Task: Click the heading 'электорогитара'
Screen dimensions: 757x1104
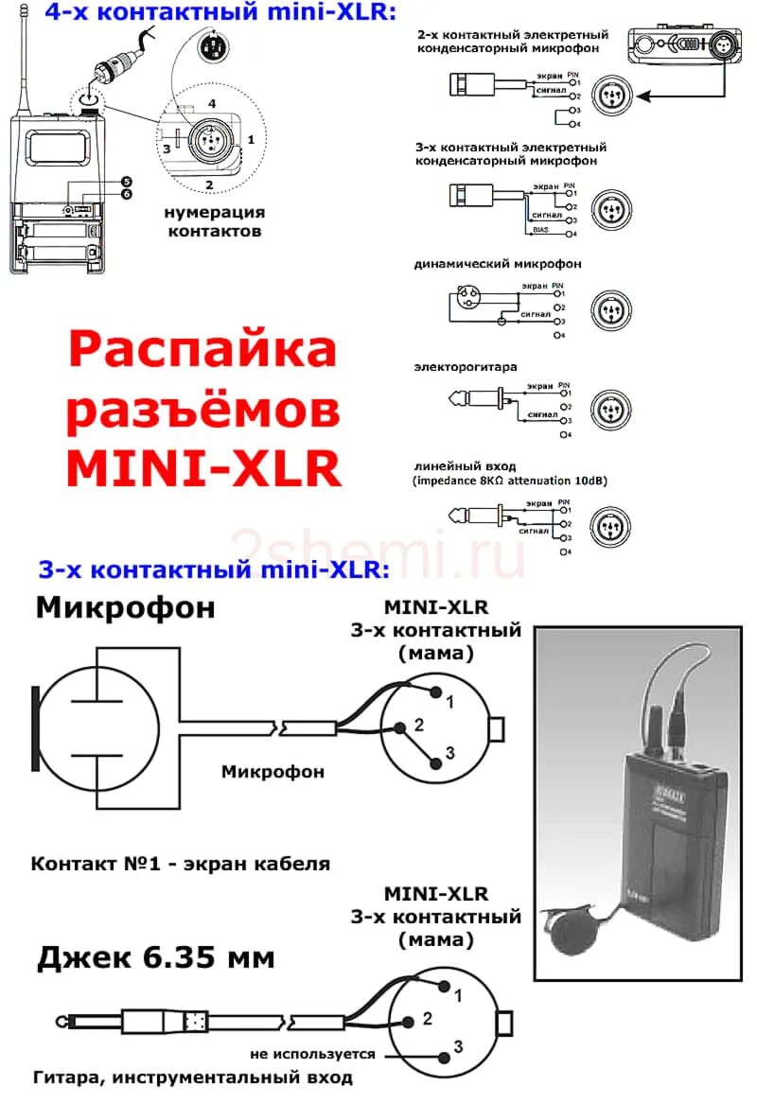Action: point(466,365)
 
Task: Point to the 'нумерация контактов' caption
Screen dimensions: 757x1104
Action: point(214,221)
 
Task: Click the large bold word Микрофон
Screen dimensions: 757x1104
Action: point(125,606)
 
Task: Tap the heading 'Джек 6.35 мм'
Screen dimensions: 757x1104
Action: point(156,957)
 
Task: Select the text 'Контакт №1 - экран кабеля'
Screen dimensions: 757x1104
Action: point(181,864)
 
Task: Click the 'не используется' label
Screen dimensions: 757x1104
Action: point(312,1053)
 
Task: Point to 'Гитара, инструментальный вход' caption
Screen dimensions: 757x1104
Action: point(192,1078)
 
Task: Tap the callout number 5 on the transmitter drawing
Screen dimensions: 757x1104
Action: point(127,181)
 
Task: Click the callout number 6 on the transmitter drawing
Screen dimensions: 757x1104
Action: point(127,194)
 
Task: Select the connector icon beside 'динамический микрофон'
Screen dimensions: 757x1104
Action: point(610,309)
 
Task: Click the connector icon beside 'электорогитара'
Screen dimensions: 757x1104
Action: point(610,411)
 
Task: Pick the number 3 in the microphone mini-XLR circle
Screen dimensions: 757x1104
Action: point(450,752)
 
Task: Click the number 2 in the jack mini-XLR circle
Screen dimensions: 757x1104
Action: point(428,1019)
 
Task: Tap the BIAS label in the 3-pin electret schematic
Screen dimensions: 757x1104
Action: point(541,228)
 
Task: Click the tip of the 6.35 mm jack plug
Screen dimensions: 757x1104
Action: point(63,1023)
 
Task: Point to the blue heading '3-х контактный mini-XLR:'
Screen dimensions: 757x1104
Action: point(214,570)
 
